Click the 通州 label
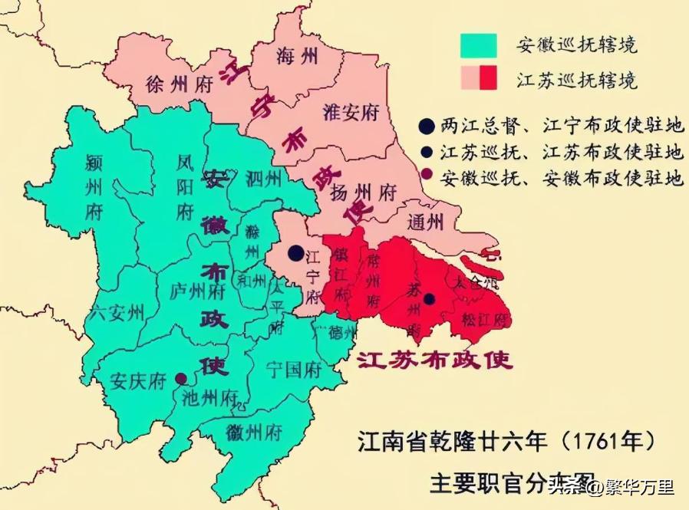coord(426,222)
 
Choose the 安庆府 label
coord(138,380)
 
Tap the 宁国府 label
coord(293,370)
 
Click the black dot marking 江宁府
coord(295,252)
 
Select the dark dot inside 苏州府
coord(430,298)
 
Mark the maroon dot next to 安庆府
coord(180,378)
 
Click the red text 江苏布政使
coord(434,360)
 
